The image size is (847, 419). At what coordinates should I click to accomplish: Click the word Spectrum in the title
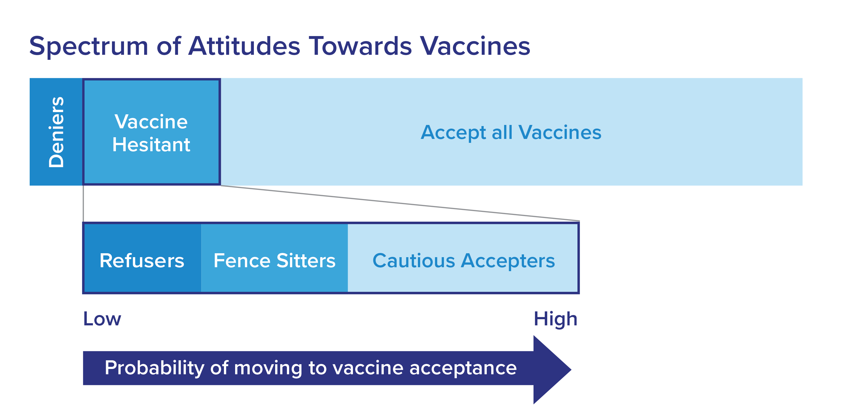pyautogui.click(x=89, y=47)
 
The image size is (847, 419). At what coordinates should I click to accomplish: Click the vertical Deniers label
pyautogui.click(x=56, y=132)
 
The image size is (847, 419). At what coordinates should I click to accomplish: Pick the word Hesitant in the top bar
pyautogui.click(x=151, y=145)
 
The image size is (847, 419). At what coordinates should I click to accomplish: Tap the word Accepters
pyautogui.click(x=508, y=261)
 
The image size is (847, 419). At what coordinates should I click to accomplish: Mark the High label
pyautogui.click(x=555, y=319)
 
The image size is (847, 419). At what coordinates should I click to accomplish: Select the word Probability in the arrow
pyautogui.click(x=155, y=368)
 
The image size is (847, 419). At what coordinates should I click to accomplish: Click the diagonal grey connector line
pyautogui.click(x=400, y=203)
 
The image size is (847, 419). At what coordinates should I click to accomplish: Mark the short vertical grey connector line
pyautogui.click(x=83, y=203)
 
